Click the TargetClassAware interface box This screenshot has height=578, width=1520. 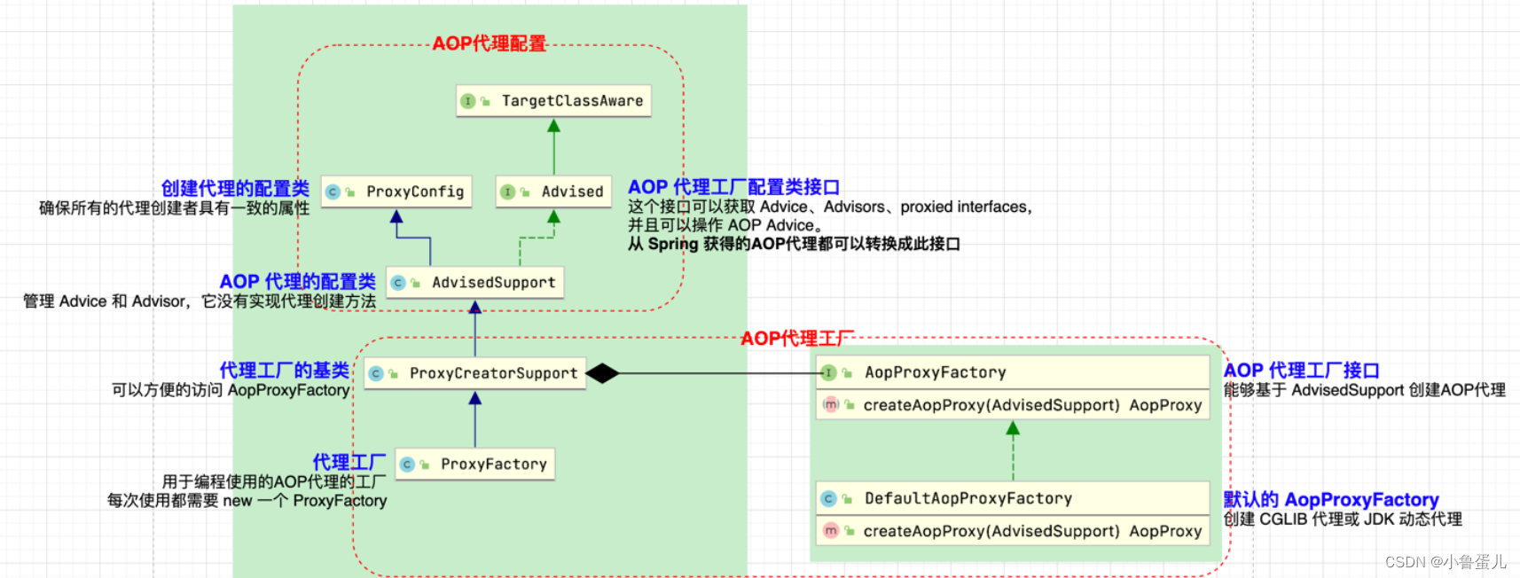coord(554,101)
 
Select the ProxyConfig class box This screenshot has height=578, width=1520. coord(396,191)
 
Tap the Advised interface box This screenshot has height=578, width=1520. coord(553,191)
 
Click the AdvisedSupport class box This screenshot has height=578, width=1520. coord(475,283)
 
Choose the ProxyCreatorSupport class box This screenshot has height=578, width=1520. coord(475,373)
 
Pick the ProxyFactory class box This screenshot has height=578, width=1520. coord(475,464)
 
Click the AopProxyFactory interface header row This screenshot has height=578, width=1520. coord(1013,372)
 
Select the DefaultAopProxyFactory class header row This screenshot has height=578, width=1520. coord(1013,498)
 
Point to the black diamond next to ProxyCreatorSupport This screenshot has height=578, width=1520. coord(602,373)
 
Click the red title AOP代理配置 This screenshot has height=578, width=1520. coord(489,43)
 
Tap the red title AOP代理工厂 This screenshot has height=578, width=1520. coord(796,339)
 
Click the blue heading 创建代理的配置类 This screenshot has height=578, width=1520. coord(235,188)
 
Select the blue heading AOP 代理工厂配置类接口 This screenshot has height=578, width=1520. coord(733,187)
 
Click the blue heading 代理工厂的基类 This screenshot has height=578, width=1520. coord(284,370)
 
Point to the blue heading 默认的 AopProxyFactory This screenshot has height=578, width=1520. coord(1330,499)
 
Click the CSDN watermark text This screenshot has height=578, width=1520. coord(1446,562)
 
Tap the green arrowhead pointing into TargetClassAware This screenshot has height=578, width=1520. coord(554,126)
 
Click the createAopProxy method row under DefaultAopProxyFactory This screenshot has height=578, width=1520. coord(1013,531)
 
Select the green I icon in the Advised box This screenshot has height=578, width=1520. coord(508,191)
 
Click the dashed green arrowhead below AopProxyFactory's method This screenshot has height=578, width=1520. coord(1013,428)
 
